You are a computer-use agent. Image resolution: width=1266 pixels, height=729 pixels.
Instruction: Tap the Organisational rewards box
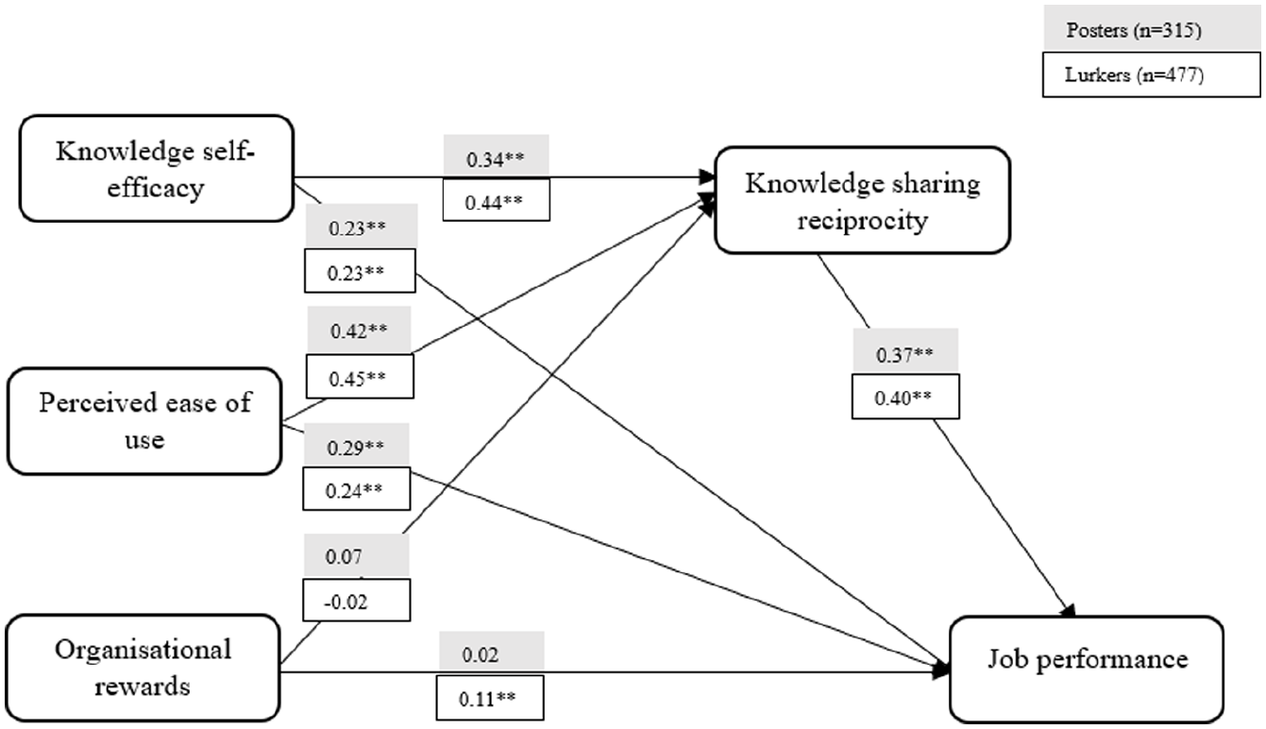coord(143,667)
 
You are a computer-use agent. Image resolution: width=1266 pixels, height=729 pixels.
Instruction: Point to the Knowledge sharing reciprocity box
coord(862,199)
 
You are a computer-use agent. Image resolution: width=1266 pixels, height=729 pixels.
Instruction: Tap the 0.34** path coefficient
coord(496,160)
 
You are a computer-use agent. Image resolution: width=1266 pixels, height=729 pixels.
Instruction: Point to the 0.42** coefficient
coord(358,331)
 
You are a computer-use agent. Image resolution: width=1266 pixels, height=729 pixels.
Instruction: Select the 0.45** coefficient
coord(358,377)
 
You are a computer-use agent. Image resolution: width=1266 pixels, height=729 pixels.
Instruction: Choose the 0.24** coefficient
coord(358,489)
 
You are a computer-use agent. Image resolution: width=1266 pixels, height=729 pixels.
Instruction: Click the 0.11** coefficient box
coord(490,700)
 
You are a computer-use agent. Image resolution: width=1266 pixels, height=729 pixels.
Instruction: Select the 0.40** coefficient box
coord(905,396)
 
